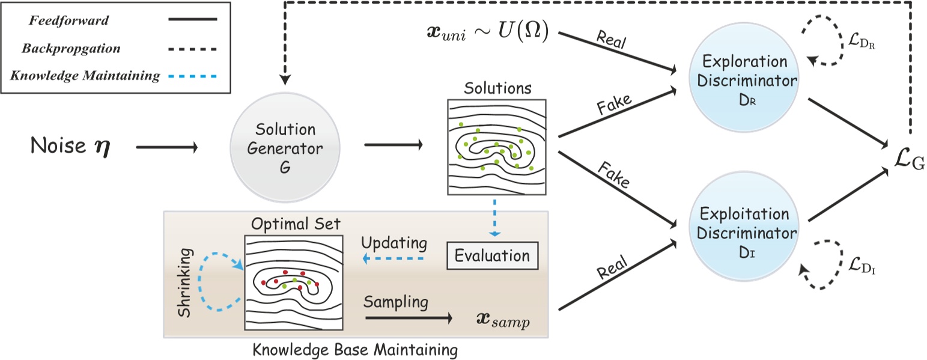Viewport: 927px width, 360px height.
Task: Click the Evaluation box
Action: (492, 256)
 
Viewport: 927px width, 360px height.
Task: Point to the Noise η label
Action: (67, 147)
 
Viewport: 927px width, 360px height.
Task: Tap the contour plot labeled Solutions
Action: (496, 147)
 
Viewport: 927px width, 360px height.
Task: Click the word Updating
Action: (394, 244)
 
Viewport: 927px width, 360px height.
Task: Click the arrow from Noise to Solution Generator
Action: (166, 147)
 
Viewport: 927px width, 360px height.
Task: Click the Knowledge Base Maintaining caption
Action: (355, 349)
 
